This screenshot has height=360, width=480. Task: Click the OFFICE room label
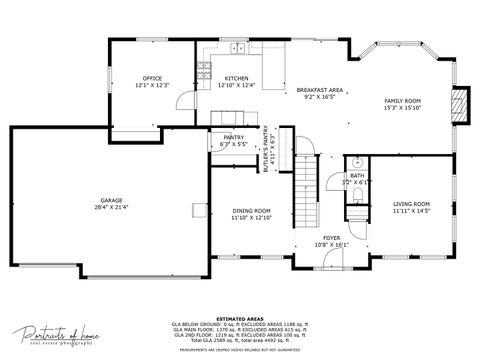(152, 78)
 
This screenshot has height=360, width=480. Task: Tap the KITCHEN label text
(236, 78)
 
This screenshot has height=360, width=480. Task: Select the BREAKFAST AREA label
(320, 90)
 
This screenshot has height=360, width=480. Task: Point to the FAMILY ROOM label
(403, 101)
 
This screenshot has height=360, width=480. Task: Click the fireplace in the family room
(459, 107)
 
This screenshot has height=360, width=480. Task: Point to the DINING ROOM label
(251, 210)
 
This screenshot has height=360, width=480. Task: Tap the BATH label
(356, 175)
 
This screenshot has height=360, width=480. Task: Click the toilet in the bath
(357, 161)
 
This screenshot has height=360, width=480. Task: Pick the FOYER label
(330, 238)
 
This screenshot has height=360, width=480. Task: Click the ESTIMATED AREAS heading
(240, 318)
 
